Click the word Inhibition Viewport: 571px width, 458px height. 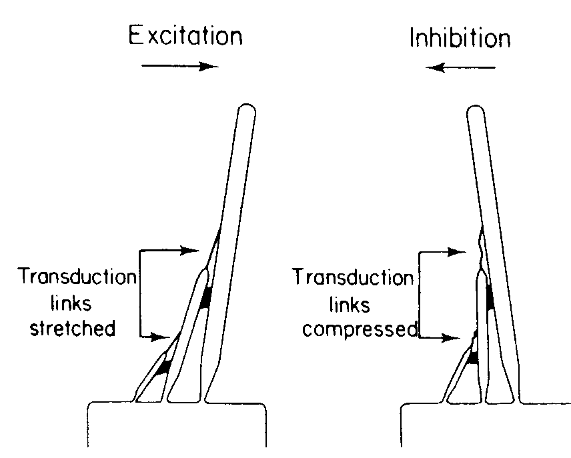(x=460, y=38)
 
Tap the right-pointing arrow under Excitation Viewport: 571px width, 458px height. (x=181, y=65)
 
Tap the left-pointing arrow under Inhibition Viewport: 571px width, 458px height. (x=462, y=67)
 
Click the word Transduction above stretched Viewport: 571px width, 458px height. (x=77, y=276)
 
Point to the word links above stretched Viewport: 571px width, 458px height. (x=75, y=303)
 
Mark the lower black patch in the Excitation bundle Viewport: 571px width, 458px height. (x=160, y=366)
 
